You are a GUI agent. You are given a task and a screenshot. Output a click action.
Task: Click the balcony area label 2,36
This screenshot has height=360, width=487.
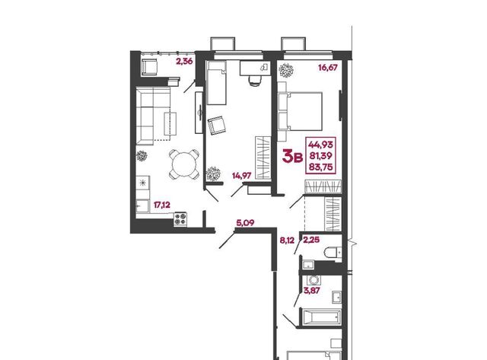point(184,62)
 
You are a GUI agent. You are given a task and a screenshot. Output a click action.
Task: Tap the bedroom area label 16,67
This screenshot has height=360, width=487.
point(328,68)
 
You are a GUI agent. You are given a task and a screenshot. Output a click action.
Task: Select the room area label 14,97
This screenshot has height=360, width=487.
point(242,176)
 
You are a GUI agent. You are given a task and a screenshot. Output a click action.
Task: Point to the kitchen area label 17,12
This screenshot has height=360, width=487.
point(162,205)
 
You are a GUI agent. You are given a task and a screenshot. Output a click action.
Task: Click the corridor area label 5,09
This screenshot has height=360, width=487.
point(245,223)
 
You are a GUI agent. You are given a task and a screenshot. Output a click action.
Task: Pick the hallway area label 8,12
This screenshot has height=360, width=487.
point(287,240)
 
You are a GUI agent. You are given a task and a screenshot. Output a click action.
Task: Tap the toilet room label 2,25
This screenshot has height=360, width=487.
point(311,240)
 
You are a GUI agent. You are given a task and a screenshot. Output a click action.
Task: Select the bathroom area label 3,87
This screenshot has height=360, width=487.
point(312,291)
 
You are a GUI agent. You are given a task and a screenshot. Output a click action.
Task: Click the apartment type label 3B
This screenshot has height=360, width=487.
point(292,156)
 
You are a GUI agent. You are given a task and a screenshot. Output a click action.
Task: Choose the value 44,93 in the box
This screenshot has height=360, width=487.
point(320,144)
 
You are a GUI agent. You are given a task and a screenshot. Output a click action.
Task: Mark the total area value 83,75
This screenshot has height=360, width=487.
point(320,167)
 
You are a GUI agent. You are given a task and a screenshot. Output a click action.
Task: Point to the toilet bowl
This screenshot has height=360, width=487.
point(333,252)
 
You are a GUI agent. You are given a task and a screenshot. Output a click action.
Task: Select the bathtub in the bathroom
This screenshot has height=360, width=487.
point(321,317)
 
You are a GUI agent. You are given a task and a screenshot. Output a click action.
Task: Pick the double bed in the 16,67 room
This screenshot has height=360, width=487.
point(300,111)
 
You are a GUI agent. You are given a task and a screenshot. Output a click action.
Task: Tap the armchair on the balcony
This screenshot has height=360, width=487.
point(150,67)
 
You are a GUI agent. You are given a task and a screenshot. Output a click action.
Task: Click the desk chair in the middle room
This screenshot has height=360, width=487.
point(255,80)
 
